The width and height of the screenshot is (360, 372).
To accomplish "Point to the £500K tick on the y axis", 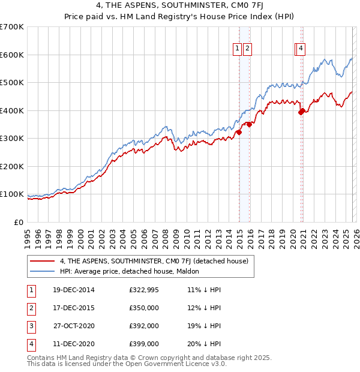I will click(12, 82).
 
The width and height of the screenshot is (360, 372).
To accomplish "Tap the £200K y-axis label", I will click(12, 166).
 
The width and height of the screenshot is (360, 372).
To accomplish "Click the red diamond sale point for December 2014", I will click(239, 132).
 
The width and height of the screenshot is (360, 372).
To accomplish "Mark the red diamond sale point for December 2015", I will click(249, 124).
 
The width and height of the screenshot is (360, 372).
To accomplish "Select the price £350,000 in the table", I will click(144, 308).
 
